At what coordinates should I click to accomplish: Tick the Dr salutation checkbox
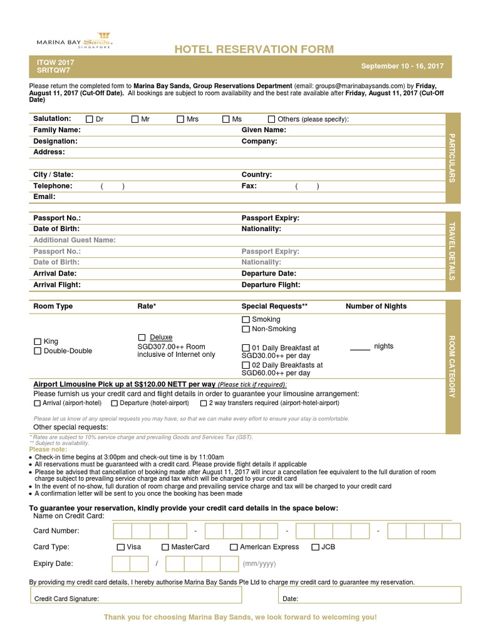coord(90,119)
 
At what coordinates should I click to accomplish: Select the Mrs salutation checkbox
coord(180,119)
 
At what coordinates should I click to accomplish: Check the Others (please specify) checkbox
coord(271,119)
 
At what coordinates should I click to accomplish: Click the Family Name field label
coord(57,130)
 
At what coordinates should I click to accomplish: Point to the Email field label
coord(44,197)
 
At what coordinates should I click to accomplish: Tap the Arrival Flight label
coord(57,285)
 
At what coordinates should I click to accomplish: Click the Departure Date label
coord(269,274)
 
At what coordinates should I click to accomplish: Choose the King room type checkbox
coord(38,341)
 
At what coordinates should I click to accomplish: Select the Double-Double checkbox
coord(38,351)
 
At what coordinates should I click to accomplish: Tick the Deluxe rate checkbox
coord(142,337)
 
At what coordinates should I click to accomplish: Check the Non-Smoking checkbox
coord(246,329)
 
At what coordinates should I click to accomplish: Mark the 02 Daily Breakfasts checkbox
coord(246,365)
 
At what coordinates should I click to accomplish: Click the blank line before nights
coord(359,349)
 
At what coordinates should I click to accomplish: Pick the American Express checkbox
coord(234,546)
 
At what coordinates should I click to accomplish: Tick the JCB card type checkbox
coord(315,546)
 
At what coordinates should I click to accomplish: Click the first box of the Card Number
coord(123,531)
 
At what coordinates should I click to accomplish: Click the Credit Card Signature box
coord(150,598)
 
